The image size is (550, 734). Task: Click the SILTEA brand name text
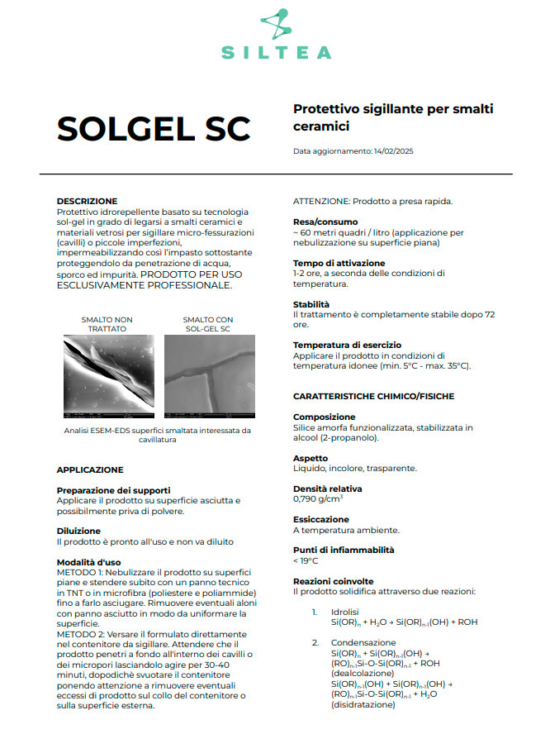point(276,52)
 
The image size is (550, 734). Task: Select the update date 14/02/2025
point(392,151)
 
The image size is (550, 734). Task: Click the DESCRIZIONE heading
point(87,201)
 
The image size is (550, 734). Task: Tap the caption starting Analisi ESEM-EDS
point(156,435)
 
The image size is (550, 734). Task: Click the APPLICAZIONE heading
point(90,469)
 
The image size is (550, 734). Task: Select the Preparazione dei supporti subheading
point(113,490)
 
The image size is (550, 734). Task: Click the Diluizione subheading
point(78,531)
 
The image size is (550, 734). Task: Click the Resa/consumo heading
point(325,222)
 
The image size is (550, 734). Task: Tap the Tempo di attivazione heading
point(339,263)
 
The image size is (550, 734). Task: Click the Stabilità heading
point(311,304)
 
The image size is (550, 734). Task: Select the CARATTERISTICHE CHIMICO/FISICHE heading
point(374,396)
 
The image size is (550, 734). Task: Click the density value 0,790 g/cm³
point(318,498)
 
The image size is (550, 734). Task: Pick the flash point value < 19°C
point(306,560)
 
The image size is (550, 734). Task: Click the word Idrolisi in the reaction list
point(346,612)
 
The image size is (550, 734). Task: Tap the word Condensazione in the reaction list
point(363,642)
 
